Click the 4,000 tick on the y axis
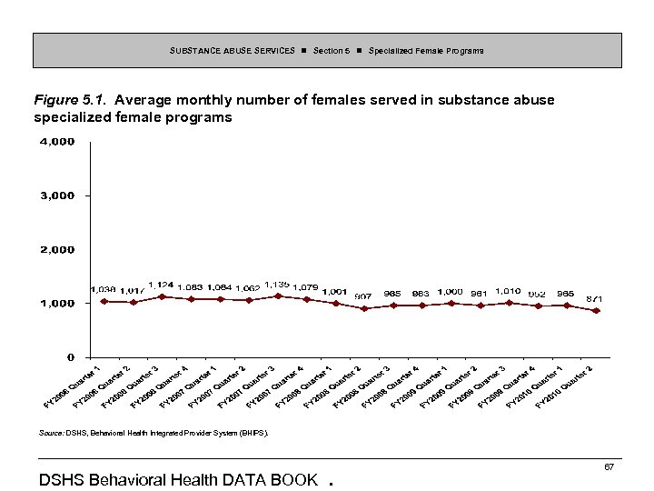tap(56, 142)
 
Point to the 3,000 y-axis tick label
tap(56, 195)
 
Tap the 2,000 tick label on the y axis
tap(56, 249)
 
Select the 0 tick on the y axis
tap(69, 356)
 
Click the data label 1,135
tap(276, 285)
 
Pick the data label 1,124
tap(162, 285)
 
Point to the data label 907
tap(362, 296)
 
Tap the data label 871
tap(594, 298)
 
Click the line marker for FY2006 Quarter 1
tap(104, 301)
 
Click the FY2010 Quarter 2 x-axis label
tap(564, 387)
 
